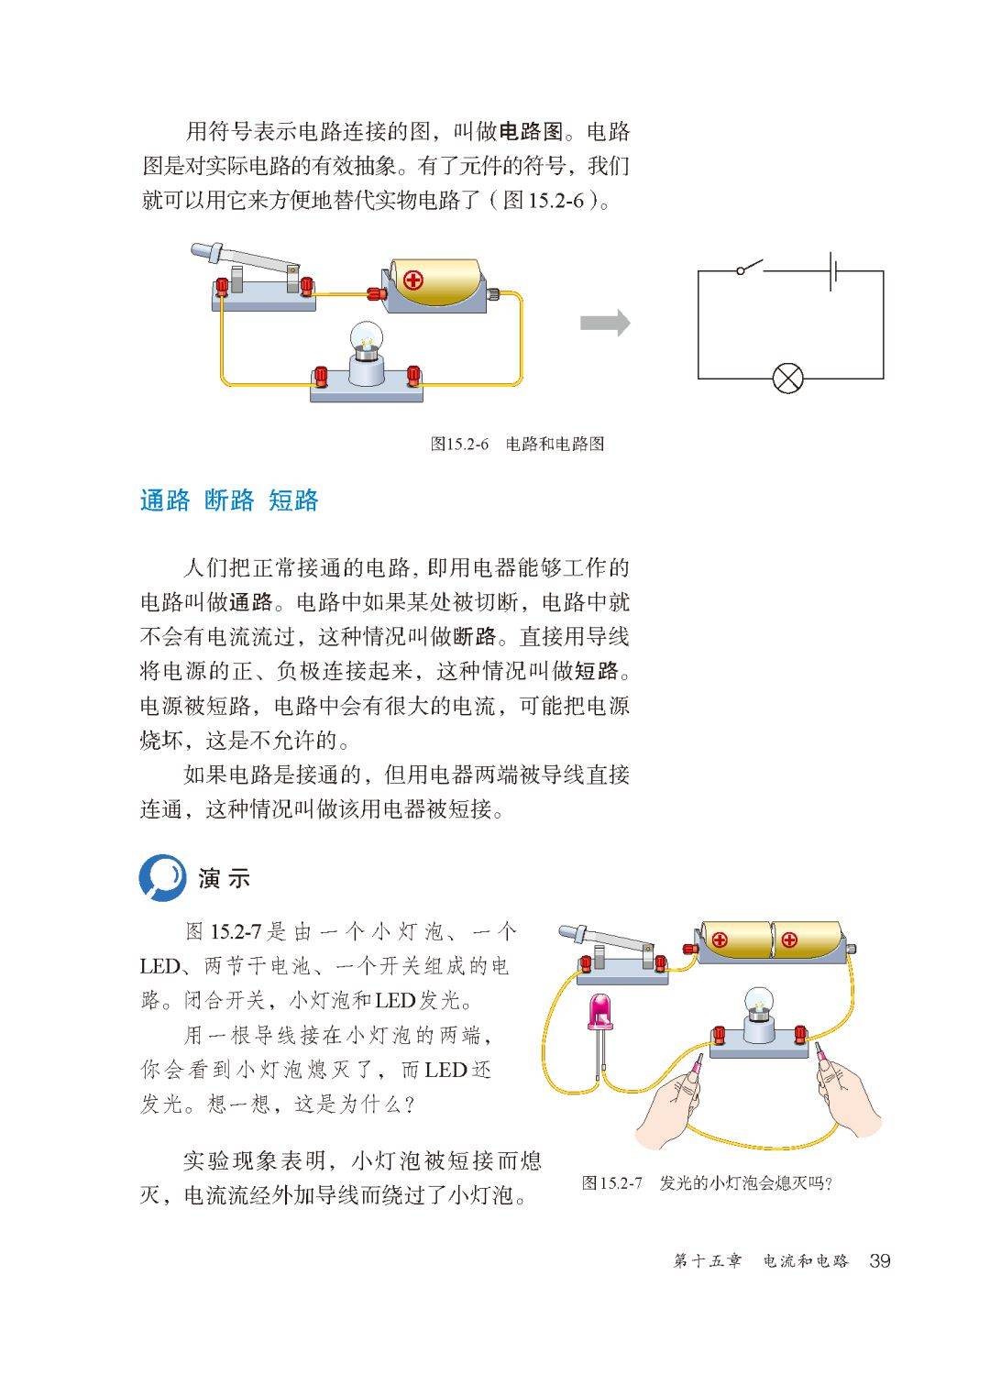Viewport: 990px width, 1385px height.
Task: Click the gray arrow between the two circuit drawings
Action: pyautogui.click(x=605, y=323)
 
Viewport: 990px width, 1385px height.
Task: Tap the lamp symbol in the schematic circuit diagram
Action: pyautogui.click(x=788, y=378)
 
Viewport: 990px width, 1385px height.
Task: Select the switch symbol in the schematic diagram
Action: pyautogui.click(x=750, y=269)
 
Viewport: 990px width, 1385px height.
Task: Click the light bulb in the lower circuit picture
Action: pyautogui.click(x=759, y=1006)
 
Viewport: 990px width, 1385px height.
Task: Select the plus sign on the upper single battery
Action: pyautogui.click(x=413, y=280)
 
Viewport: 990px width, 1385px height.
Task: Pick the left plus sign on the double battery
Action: pyautogui.click(x=720, y=940)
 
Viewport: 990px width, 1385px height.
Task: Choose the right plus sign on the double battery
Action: pyautogui.click(x=789, y=940)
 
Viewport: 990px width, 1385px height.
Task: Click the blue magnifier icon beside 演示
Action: pyautogui.click(x=162, y=878)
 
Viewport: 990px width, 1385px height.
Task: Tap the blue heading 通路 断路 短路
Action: pyautogui.click(x=229, y=500)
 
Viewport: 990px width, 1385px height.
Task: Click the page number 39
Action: pyautogui.click(x=879, y=1261)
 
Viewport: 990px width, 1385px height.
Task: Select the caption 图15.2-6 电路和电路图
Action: pyautogui.click(x=517, y=445)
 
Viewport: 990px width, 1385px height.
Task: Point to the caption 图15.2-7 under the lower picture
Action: pyautogui.click(x=707, y=1182)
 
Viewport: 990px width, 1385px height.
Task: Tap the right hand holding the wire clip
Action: pyautogui.click(x=848, y=1095)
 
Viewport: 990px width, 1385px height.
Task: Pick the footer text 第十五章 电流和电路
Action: pyautogui.click(x=761, y=1262)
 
